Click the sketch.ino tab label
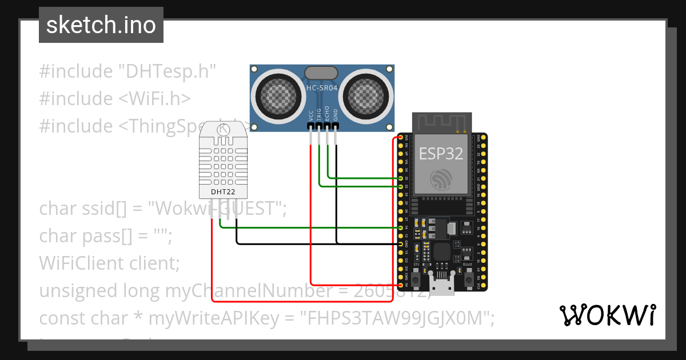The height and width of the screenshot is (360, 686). click(x=101, y=25)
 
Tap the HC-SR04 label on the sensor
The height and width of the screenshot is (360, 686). click(x=322, y=89)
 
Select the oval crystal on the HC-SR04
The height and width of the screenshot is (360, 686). click(x=321, y=73)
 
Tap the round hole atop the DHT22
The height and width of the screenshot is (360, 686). click(x=223, y=130)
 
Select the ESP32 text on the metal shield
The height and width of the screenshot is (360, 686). click(x=441, y=153)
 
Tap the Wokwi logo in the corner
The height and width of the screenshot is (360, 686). click(x=607, y=315)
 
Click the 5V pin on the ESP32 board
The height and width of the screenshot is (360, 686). click(x=400, y=285)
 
